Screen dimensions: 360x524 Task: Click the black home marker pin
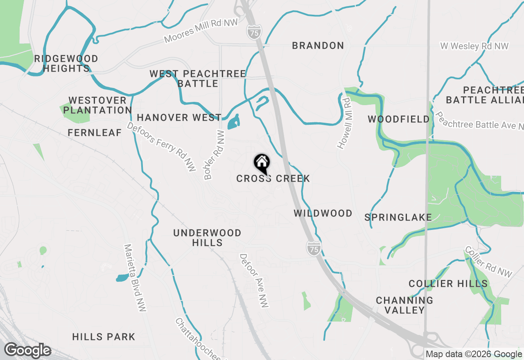point(262,163)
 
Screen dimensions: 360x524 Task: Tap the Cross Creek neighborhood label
point(273,179)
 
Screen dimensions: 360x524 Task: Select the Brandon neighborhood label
point(318,45)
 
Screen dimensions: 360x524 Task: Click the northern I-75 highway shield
point(254,32)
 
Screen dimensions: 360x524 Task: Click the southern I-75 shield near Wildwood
point(313,248)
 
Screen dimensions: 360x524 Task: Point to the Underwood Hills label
point(207,238)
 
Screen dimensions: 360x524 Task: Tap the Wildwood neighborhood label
point(323,213)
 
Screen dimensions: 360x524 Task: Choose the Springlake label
point(398,217)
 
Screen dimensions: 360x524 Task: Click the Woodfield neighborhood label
point(399,119)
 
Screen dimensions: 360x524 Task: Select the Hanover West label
point(179,118)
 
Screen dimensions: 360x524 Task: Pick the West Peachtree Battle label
point(198,79)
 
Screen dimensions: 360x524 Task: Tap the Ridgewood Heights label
point(66,63)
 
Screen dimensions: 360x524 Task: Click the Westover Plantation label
point(97,105)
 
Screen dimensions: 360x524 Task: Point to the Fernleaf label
point(95,133)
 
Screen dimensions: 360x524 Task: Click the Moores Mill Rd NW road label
point(201,31)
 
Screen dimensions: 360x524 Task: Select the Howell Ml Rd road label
point(344,123)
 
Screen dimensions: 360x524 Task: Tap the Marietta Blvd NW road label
point(135,278)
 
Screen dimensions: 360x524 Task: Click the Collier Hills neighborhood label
point(448,283)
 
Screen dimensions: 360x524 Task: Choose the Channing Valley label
point(404,305)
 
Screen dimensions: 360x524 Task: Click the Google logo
point(27,351)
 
